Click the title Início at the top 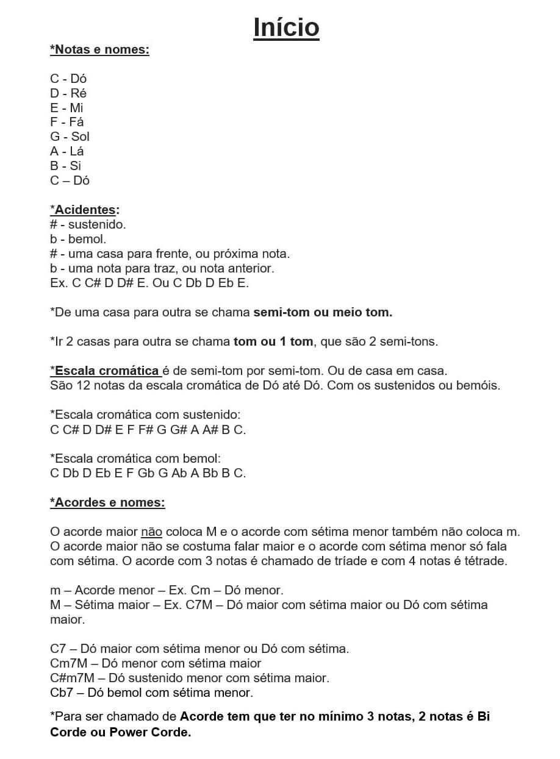point(286,27)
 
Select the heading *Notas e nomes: point(99,49)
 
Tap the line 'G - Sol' point(70,137)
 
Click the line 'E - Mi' point(66,107)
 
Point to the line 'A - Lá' point(66,151)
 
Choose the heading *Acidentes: point(85,210)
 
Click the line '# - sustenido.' point(88,224)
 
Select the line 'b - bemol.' point(78,239)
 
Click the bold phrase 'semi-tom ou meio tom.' point(323,312)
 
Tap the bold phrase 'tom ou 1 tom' point(273,341)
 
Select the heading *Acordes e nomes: point(107,502)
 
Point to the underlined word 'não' point(151,532)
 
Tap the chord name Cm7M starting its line point(66,663)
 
